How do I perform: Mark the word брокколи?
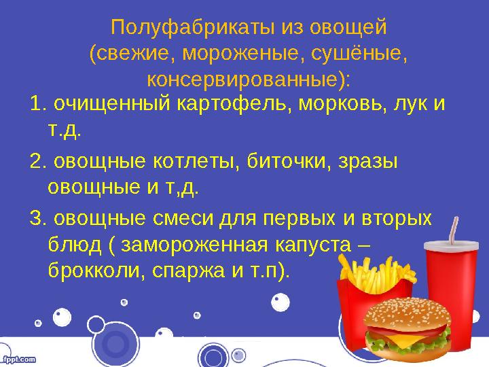90,270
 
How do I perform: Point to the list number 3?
37,219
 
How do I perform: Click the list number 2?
37,162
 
